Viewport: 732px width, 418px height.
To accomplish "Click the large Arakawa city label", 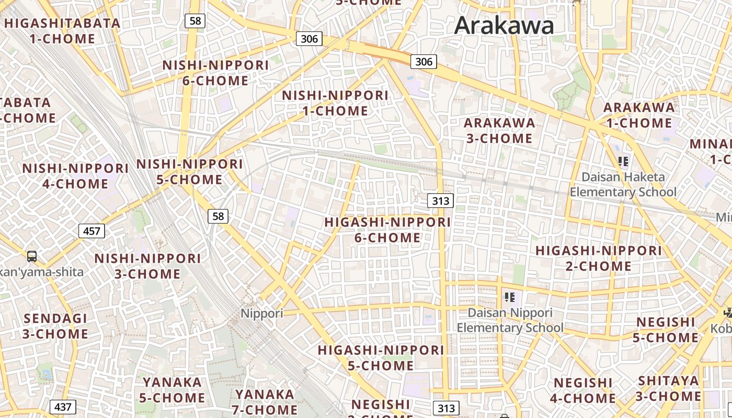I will pyautogui.click(x=504, y=26).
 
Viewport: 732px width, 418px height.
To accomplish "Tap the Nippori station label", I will pyautogui.click(x=261, y=313).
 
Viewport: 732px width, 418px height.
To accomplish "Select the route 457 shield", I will pyautogui.click(x=92, y=230).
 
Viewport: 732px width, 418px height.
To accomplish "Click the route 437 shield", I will pyautogui.click(x=63, y=407).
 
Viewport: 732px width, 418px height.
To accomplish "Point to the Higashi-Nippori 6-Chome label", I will pyautogui.click(x=387, y=230).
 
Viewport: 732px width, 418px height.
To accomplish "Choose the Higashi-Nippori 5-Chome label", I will pyautogui.click(x=381, y=357).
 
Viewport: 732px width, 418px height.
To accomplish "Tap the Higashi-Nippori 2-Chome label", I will pyautogui.click(x=599, y=258).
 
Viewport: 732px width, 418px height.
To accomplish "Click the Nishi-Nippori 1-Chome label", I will pyautogui.click(x=335, y=103).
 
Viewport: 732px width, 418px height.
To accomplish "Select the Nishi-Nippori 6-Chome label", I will pyautogui.click(x=215, y=73).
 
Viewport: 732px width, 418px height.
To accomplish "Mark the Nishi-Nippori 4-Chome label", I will pyautogui.click(x=75, y=176).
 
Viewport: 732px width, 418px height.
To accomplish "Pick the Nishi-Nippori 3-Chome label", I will pyautogui.click(x=147, y=266).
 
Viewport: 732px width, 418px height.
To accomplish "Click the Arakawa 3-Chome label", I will pyautogui.click(x=499, y=131).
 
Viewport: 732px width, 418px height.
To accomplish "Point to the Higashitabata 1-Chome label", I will pyautogui.click(x=62, y=31).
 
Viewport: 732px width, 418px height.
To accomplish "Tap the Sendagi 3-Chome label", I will pyautogui.click(x=55, y=326).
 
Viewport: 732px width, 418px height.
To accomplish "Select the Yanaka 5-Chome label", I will pyautogui.click(x=172, y=390).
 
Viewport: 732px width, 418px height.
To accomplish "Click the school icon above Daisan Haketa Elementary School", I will pyautogui.click(x=623, y=161).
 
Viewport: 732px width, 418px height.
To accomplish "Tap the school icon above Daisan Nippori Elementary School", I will pyautogui.click(x=510, y=297).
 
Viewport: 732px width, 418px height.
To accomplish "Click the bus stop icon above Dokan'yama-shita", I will pyautogui.click(x=32, y=256).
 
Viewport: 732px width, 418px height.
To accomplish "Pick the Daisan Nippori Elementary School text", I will pyautogui.click(x=510, y=320).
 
